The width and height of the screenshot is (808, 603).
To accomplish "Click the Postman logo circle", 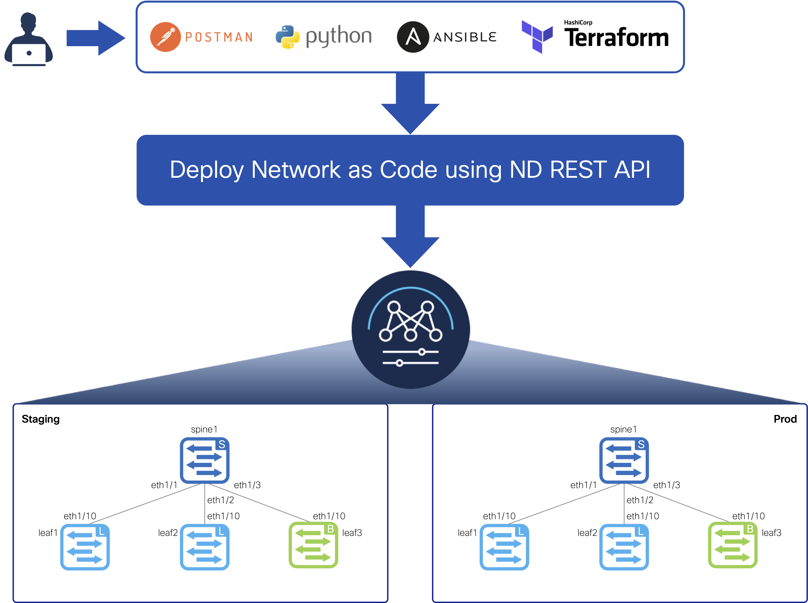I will (x=165, y=37).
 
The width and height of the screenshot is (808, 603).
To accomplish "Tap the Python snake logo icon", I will (x=287, y=37).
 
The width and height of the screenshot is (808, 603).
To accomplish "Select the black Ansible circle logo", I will (x=413, y=37).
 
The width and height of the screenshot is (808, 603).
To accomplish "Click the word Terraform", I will (x=616, y=38).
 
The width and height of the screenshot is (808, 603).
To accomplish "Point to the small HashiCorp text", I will (x=578, y=23).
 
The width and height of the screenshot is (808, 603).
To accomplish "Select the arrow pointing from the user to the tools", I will (x=96, y=38).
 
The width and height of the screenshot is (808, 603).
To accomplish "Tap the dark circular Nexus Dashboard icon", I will (x=410, y=329).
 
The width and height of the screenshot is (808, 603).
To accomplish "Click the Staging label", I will (x=41, y=419).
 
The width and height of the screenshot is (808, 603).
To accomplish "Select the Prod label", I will (x=785, y=419).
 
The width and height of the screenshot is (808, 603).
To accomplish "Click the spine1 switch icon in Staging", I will (x=204, y=460).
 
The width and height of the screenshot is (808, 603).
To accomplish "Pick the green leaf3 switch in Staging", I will (x=313, y=545).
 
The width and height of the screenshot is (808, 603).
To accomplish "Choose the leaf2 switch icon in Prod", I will (x=624, y=547).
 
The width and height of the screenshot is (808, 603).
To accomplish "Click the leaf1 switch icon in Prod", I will (x=504, y=547).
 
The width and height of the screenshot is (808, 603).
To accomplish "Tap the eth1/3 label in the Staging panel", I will (x=247, y=485).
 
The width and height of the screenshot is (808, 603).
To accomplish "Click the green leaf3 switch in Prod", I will (x=732, y=545).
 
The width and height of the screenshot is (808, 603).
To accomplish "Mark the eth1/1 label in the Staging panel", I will (x=164, y=485).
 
